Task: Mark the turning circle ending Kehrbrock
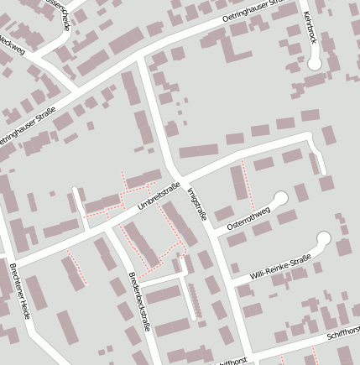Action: coord(315,63)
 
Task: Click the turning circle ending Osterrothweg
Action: coord(280,198)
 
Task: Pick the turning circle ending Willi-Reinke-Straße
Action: coord(323,239)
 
